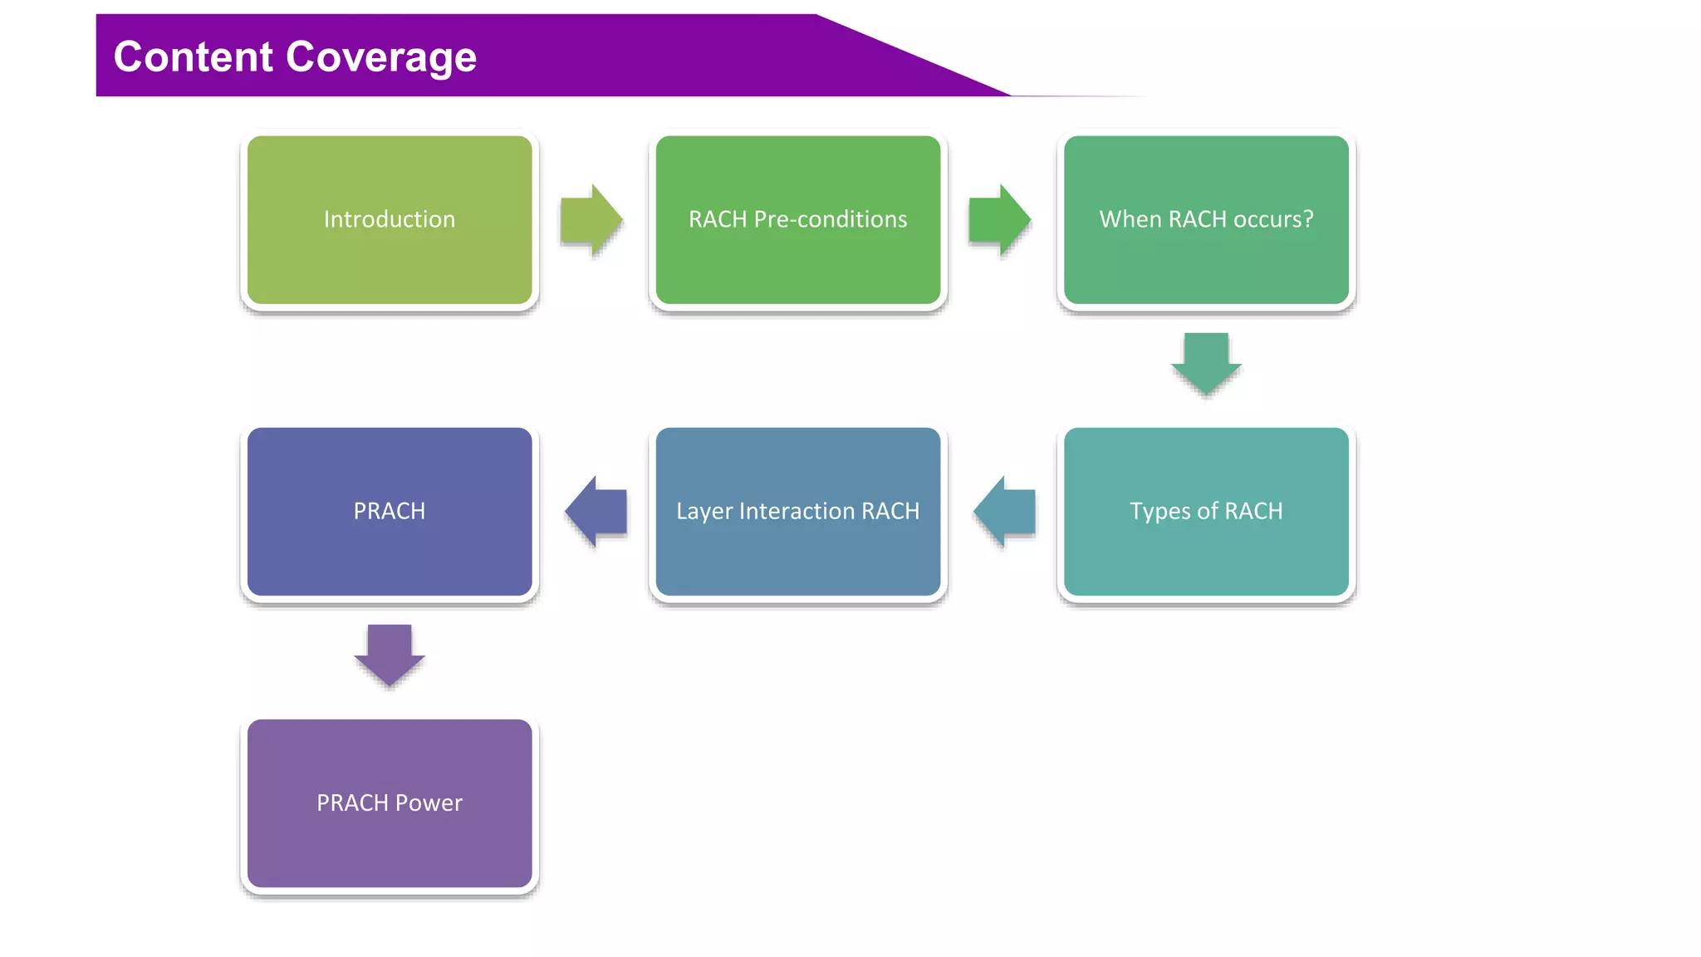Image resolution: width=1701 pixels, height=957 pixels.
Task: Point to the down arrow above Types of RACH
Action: tap(1206, 364)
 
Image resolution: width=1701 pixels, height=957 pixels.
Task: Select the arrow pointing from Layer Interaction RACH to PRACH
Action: tap(596, 511)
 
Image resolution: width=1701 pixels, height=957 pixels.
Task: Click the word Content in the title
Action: tap(194, 56)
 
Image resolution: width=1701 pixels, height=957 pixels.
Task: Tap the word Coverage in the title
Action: tap(381, 56)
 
